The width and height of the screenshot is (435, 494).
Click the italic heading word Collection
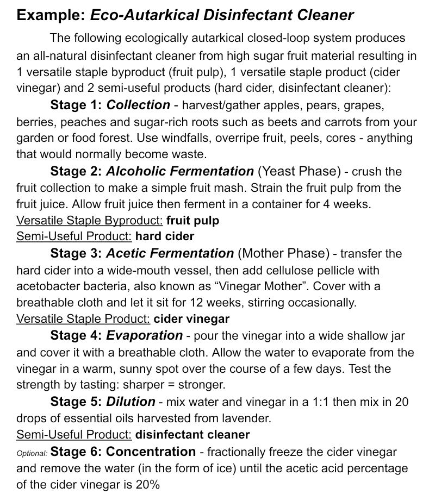(x=139, y=105)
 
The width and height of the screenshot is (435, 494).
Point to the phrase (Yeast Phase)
(x=299, y=172)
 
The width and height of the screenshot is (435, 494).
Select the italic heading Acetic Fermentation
(x=170, y=253)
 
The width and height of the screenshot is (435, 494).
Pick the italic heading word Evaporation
(x=145, y=336)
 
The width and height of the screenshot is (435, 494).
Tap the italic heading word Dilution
(x=130, y=402)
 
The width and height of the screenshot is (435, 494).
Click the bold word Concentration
(x=151, y=452)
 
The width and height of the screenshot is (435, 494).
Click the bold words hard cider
(x=165, y=237)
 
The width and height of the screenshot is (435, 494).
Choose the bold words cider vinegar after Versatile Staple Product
(x=191, y=319)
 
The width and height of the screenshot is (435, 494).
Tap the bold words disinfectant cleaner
(x=192, y=435)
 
